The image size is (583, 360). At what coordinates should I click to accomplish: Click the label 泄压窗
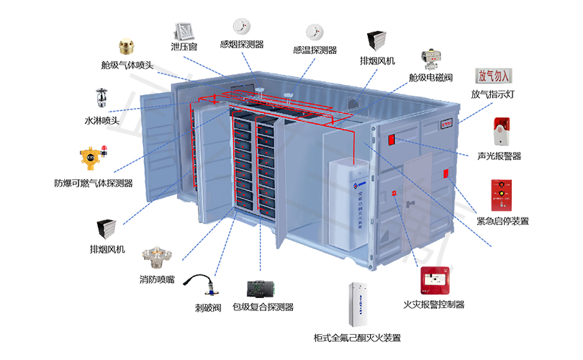184,47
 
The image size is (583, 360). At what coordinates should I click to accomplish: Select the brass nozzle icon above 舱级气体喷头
128,48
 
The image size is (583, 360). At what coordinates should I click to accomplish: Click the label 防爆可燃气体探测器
94,184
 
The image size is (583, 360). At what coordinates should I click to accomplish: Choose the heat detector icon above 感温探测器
315,32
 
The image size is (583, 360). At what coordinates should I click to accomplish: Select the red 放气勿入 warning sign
493,76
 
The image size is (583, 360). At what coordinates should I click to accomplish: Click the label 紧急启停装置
503,221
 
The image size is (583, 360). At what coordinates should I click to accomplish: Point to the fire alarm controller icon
435,282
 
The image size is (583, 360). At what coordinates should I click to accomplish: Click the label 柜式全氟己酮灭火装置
357,338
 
